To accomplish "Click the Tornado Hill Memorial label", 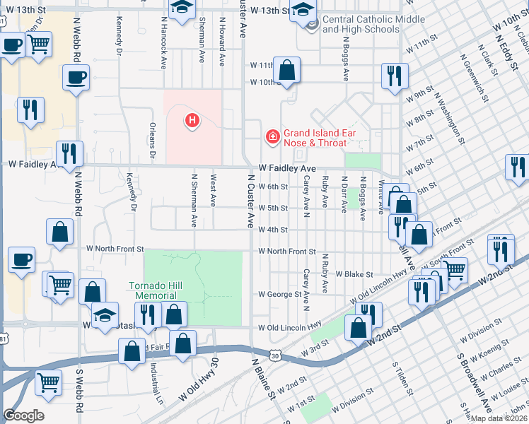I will coord(152,290).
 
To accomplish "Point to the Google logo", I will coord(23,416).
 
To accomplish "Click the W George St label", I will coord(279,294).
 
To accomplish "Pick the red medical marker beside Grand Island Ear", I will coord(272,136).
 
